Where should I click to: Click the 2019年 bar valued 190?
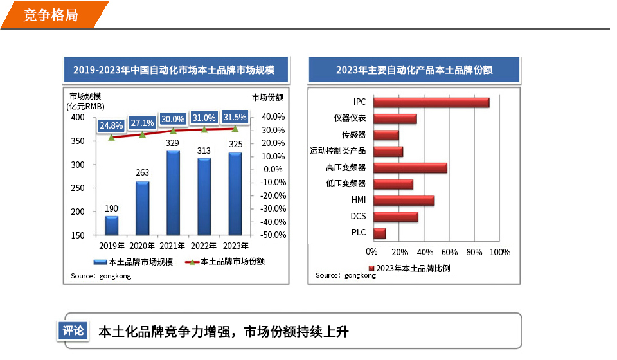click(111, 226)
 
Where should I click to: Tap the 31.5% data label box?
click(235, 118)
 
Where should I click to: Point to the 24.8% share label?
click(111, 125)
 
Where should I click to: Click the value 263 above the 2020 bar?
click(142, 172)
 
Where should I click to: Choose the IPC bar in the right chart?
click(431, 102)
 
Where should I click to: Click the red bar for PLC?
click(379, 233)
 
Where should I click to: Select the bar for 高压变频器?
click(409, 168)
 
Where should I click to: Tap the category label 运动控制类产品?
click(337, 151)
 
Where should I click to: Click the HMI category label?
click(358, 200)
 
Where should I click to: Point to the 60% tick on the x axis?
click(449, 252)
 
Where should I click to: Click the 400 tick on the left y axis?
click(77, 118)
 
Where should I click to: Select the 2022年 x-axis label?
click(204, 246)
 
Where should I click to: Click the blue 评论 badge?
click(73, 331)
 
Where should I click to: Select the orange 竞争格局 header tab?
click(51, 15)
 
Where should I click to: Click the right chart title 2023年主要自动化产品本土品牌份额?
click(414, 70)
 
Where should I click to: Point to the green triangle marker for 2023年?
click(235, 129)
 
